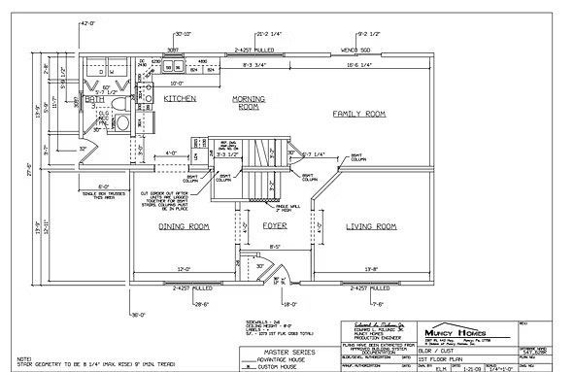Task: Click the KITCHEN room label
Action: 182,99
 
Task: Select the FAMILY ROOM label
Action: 360,115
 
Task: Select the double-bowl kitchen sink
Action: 174,68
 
